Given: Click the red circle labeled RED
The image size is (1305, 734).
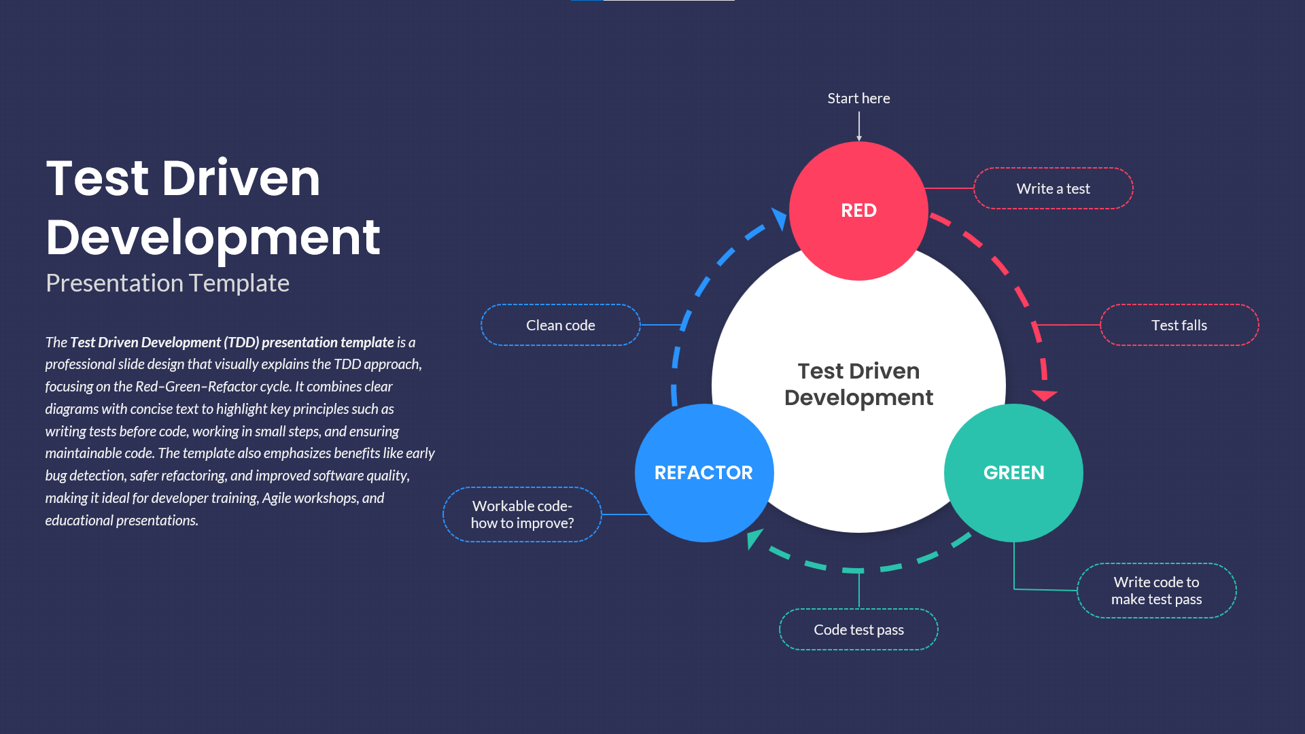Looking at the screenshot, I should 858,211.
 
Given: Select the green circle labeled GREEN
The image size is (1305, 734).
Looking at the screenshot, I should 1013,473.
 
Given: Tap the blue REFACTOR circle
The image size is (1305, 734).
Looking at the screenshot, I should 703,473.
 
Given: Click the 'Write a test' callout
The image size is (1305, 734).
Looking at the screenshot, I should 1053,189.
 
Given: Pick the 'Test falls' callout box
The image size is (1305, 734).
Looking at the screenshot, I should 1179,326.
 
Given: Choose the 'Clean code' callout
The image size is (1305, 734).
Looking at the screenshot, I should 560,326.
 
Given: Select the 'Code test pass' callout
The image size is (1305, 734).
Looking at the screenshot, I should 858,630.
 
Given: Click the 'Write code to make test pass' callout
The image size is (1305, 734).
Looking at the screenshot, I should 1156,591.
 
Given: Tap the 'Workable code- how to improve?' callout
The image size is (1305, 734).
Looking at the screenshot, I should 522,514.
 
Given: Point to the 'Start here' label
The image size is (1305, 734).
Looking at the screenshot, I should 858,99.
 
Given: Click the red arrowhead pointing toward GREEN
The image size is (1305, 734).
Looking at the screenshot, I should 1044,395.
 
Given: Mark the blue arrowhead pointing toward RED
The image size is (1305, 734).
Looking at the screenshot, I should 780,217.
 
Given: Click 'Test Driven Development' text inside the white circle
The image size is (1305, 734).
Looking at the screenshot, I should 858,384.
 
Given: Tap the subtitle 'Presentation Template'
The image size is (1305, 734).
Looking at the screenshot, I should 167,283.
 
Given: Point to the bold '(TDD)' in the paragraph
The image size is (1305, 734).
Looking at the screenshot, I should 241,343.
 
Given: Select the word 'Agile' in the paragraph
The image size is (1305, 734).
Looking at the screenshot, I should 277,498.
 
